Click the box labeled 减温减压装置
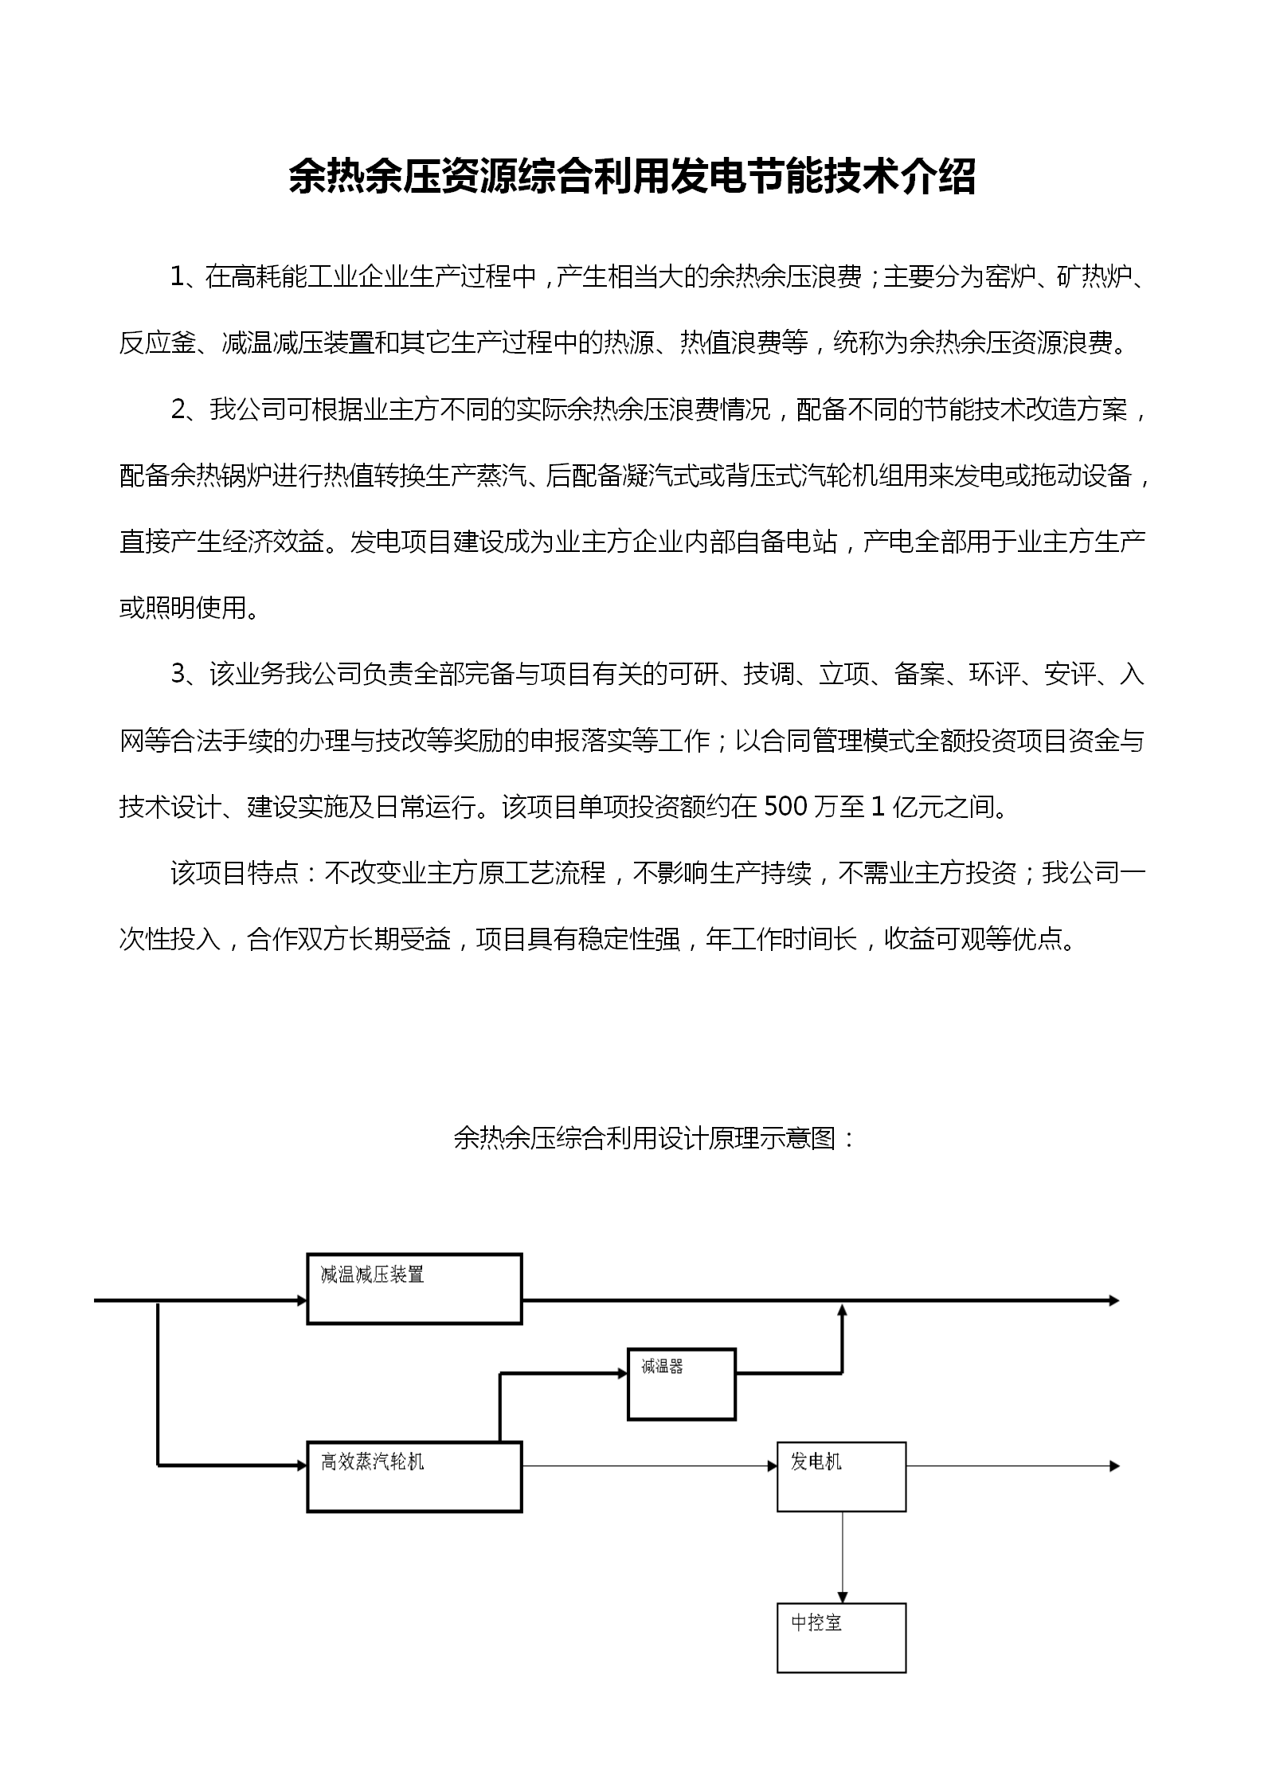point(414,1289)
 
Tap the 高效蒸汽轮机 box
point(414,1476)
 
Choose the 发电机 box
point(841,1476)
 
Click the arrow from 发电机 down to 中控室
point(842,1557)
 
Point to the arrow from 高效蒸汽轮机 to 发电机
point(649,1466)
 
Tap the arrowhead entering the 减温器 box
point(622,1372)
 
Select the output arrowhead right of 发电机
point(1114,1466)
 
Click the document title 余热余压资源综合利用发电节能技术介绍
point(632,177)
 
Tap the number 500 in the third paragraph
point(785,808)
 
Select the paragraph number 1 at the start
point(177,277)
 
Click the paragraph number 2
point(178,409)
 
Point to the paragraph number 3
point(178,675)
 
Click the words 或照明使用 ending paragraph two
point(182,608)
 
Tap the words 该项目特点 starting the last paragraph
point(233,874)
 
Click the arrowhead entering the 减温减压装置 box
point(302,1301)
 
